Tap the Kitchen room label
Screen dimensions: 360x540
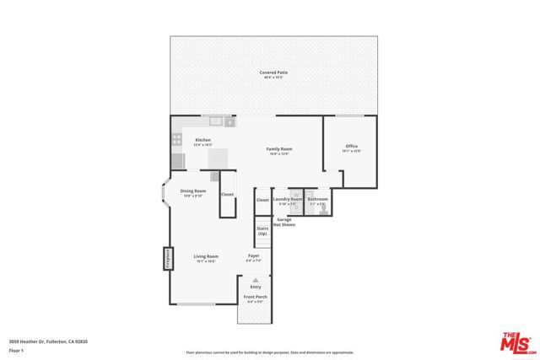click(202, 140)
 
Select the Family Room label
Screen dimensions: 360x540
click(278, 149)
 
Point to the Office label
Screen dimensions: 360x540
click(352, 147)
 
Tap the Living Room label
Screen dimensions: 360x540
click(206, 256)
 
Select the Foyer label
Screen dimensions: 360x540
click(254, 255)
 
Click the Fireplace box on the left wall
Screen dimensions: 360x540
click(168, 259)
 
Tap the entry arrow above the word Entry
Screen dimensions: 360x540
click(255, 280)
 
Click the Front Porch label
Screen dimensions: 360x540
click(255, 298)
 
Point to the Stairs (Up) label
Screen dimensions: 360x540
click(262, 230)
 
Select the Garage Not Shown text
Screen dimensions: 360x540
click(285, 222)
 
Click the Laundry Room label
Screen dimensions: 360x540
click(287, 200)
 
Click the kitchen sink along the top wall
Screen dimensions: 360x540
click(215, 121)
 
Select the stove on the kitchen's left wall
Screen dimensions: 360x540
click(177, 160)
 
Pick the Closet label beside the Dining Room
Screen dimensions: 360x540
click(227, 195)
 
